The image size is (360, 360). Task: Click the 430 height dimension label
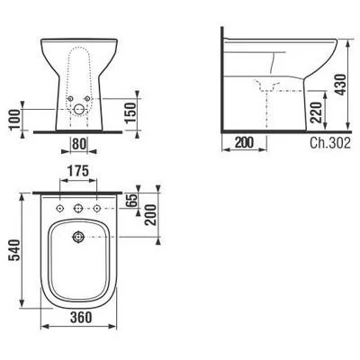pyautogui.click(x=341, y=85)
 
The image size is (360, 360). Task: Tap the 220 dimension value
pyautogui.click(x=316, y=112)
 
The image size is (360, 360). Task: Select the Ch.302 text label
pyautogui.click(x=330, y=143)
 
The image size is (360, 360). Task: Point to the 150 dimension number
pyautogui.click(x=130, y=112)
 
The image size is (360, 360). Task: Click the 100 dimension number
pyautogui.click(x=14, y=120)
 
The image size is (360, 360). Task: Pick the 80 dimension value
pyautogui.click(x=79, y=144)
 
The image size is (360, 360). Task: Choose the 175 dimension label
pyautogui.click(x=78, y=171)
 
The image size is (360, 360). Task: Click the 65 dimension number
pyautogui.click(x=131, y=200)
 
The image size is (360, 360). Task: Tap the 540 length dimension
pyautogui.click(x=14, y=250)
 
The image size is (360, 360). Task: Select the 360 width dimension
pyautogui.click(x=81, y=317)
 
